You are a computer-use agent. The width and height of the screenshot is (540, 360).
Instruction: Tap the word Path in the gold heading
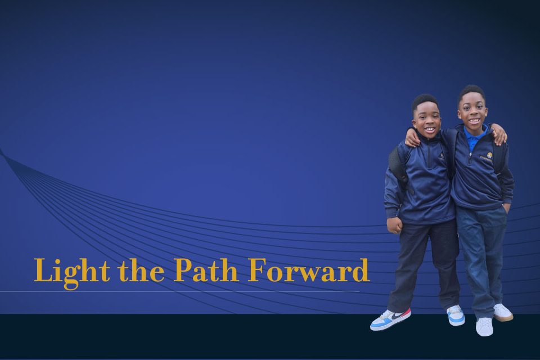206,270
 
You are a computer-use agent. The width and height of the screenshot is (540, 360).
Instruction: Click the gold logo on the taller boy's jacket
489,155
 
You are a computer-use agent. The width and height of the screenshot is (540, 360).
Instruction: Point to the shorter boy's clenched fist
394,225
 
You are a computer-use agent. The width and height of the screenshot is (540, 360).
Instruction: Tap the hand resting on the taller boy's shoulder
499,134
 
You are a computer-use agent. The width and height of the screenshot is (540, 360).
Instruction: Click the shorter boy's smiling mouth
429,130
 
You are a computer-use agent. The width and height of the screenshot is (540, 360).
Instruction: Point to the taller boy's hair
471,93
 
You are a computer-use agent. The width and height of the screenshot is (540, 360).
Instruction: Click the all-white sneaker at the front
484,326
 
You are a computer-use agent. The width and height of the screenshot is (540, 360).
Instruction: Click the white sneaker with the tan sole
503,312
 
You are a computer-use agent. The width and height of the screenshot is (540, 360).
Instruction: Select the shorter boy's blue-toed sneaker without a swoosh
456,315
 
